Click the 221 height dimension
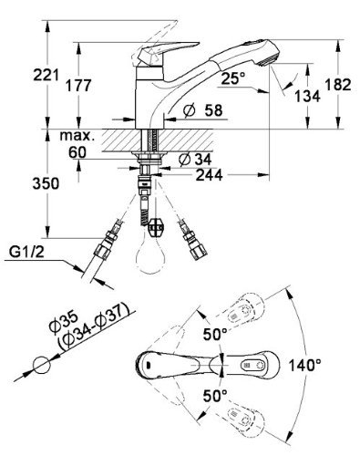pos(46,75)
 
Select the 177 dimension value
pos(78,86)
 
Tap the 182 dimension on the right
pos(338,85)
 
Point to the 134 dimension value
pos(307,97)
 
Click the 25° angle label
pos(233,78)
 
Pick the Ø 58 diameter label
pos(203,110)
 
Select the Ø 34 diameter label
pos(195,159)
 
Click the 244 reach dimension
pos(209,175)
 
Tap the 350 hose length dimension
pos(46,184)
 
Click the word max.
pos(76,136)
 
